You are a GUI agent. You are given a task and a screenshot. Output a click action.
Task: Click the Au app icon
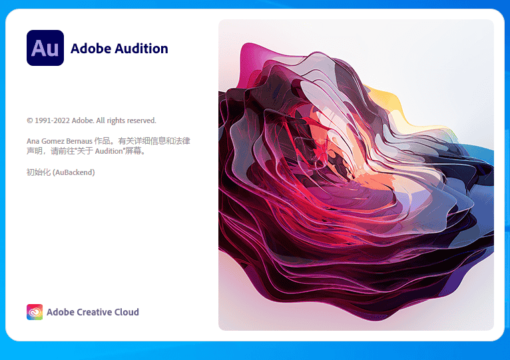click(x=45, y=48)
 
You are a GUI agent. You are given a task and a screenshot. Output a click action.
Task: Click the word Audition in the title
click(x=141, y=48)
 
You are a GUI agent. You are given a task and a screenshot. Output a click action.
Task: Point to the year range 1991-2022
click(x=53, y=120)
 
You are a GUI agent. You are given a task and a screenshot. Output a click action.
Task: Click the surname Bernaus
click(x=79, y=141)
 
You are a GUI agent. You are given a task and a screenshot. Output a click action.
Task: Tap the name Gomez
click(x=53, y=141)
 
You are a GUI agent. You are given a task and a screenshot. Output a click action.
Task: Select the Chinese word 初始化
click(x=37, y=172)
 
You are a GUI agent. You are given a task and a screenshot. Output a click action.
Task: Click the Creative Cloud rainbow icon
click(x=35, y=312)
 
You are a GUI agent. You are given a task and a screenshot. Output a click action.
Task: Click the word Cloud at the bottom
click(x=127, y=312)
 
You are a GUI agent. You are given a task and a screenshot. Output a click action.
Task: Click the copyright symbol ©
click(x=29, y=121)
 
